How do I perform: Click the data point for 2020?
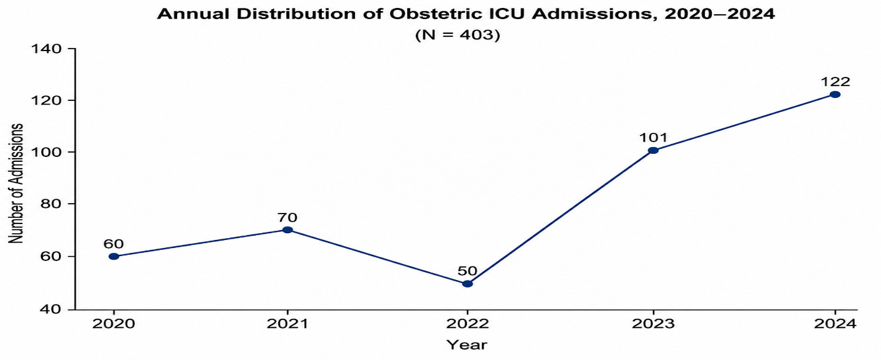(x=114, y=257)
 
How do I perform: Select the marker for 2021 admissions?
(x=288, y=230)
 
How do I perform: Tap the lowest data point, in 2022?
(x=467, y=284)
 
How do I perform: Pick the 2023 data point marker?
(x=653, y=150)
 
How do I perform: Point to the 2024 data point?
(x=835, y=94)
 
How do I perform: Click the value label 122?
(x=835, y=82)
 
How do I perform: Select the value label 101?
(x=653, y=138)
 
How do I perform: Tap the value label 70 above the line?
(x=287, y=217)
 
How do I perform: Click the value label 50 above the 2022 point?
(x=467, y=271)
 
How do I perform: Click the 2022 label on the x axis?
(x=467, y=324)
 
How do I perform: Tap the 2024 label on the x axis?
(x=835, y=324)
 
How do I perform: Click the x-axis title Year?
(x=467, y=345)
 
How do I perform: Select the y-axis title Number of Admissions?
(x=16, y=183)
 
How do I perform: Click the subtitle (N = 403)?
(x=457, y=36)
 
